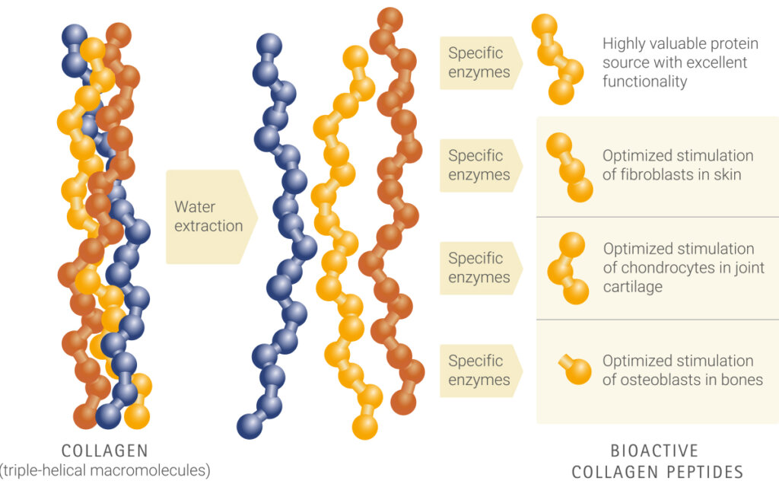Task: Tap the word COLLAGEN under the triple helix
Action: (105, 450)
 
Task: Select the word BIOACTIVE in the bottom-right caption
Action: (654, 450)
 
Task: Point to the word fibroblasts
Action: (659, 174)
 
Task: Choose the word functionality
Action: (645, 81)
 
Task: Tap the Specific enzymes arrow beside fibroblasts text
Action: (481, 165)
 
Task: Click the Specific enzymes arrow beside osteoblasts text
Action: (481, 371)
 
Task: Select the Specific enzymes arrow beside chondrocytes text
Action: (481, 269)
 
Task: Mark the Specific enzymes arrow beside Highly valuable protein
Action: (481, 62)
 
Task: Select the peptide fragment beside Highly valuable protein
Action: (556, 59)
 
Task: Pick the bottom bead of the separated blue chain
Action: (250, 426)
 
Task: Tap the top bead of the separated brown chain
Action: (390, 20)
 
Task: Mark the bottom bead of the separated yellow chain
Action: (365, 427)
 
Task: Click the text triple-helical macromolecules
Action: (105, 470)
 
